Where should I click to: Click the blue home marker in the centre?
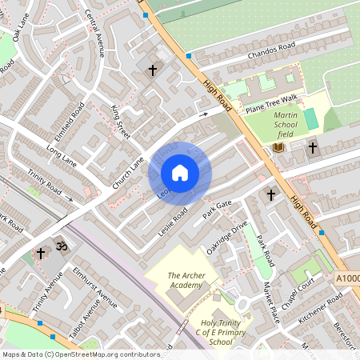(x=179, y=173)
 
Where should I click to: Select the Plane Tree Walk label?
(x=271, y=98)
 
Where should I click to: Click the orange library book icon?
(x=278, y=148)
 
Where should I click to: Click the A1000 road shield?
(x=348, y=278)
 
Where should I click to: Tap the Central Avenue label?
(x=95, y=37)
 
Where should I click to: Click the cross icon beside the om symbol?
(x=41, y=253)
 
